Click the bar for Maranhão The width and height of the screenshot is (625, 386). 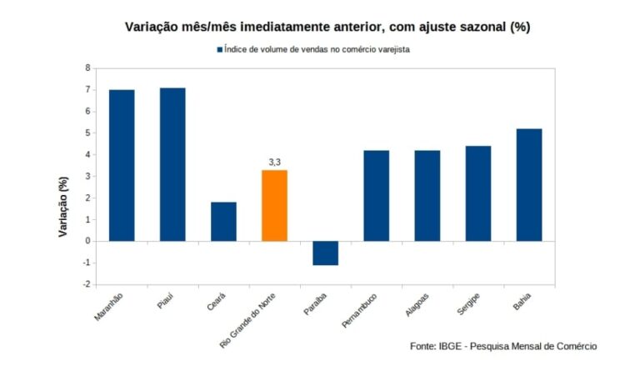click(x=122, y=165)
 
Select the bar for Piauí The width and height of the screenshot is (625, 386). click(x=172, y=164)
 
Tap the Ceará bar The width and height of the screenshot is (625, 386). click(x=223, y=221)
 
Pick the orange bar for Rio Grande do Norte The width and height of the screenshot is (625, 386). click(x=274, y=205)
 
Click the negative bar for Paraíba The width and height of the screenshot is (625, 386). click(x=325, y=253)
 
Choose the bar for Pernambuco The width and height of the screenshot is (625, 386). click(x=376, y=195)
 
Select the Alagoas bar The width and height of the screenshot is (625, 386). click(x=427, y=195)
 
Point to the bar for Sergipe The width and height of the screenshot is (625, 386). click(x=478, y=193)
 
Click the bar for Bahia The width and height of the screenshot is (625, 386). click(x=529, y=184)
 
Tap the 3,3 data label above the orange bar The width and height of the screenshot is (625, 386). click(x=274, y=161)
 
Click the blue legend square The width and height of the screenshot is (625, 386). click(x=220, y=49)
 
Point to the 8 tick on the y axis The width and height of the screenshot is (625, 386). click(x=87, y=68)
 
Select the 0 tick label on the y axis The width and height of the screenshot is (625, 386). click(x=87, y=241)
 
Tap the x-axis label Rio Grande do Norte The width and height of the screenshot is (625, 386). click(x=252, y=319)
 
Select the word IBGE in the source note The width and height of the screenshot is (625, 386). click(x=453, y=346)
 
